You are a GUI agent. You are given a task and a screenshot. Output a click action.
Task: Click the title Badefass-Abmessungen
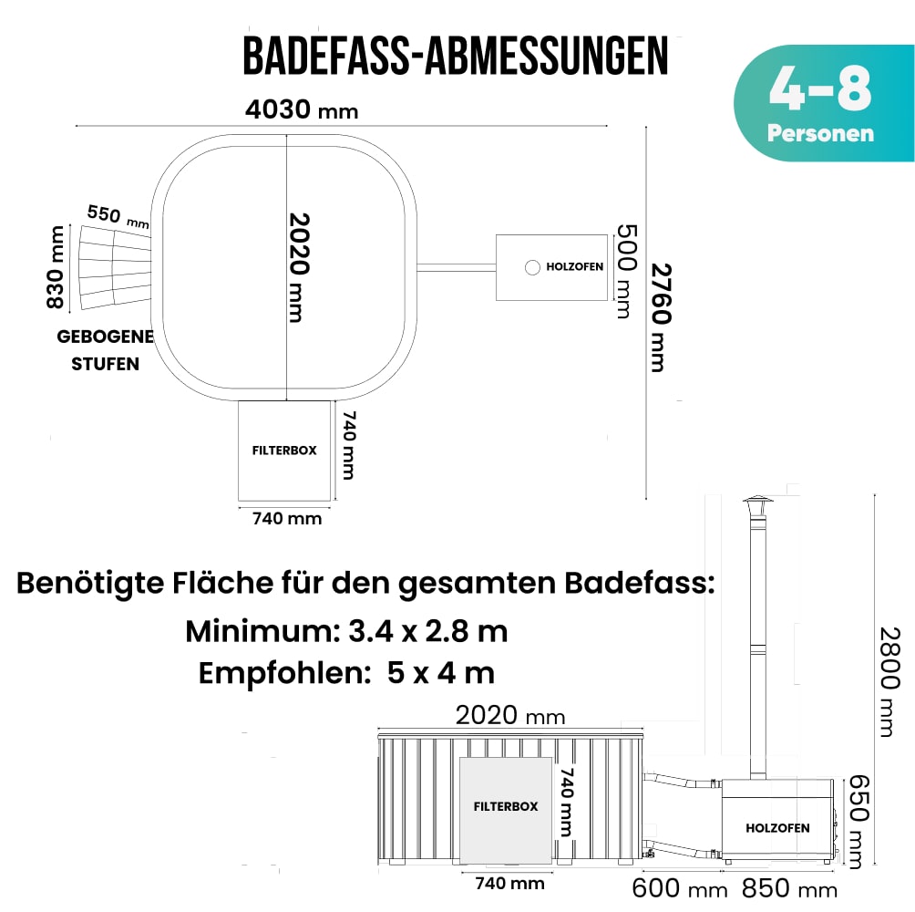tap(456, 57)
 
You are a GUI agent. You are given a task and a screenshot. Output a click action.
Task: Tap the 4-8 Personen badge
tap(820, 103)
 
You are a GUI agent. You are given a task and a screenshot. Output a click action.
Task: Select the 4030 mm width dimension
tap(302, 110)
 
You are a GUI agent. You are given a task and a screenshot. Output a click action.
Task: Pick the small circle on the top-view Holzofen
tap(532, 267)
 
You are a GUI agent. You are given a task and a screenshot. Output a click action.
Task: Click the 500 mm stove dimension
tap(623, 270)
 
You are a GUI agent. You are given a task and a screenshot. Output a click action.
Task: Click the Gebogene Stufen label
tap(105, 350)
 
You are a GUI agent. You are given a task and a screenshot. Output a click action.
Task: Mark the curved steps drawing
tap(113, 265)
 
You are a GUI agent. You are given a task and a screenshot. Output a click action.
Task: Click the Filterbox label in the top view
tap(284, 451)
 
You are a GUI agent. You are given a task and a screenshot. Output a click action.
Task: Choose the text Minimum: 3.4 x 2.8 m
tap(346, 630)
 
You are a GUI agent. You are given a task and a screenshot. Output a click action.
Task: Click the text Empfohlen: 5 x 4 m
tap(346, 674)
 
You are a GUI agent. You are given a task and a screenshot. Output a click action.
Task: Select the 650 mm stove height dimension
tap(857, 821)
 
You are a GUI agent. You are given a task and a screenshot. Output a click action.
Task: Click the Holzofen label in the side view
tap(777, 828)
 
